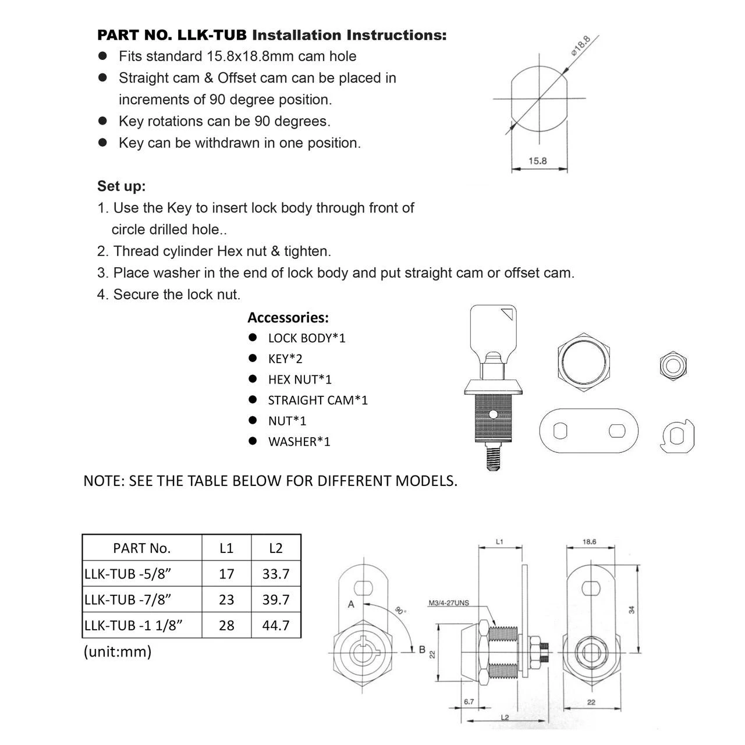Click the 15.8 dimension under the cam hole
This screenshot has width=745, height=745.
tap(537, 161)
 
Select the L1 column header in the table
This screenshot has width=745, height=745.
tap(226, 548)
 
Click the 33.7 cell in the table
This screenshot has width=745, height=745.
tap(276, 574)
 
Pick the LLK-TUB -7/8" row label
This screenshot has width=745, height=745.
tap(128, 599)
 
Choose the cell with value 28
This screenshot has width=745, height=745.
tap(226, 626)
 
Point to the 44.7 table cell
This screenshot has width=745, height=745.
tap(276, 626)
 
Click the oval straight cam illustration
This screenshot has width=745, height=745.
tap(588, 431)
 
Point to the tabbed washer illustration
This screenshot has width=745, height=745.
tap(678, 436)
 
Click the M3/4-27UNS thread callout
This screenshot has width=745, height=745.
tap(449, 603)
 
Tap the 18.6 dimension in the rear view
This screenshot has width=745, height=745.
tap(589, 542)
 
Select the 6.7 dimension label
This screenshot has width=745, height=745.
tap(469, 702)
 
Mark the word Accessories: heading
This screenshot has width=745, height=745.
tap(288, 318)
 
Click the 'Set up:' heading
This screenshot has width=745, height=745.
tap(121, 186)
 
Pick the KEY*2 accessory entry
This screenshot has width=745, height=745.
tap(285, 359)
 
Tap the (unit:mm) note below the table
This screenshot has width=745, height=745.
tap(118, 651)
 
